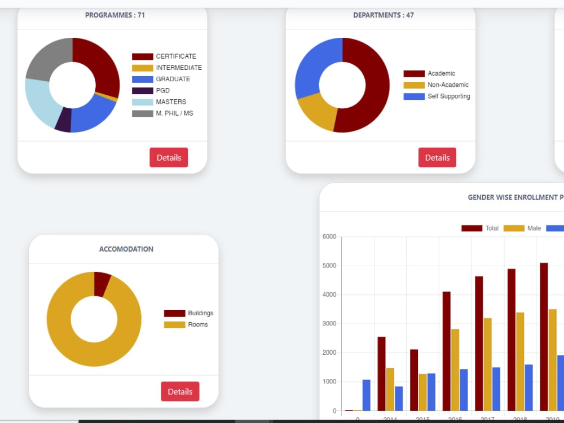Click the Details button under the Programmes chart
click(169, 157)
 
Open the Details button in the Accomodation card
click(180, 391)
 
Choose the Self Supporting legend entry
click(437, 96)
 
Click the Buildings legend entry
click(189, 313)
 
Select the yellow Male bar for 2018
click(520, 361)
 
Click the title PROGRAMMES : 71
click(115, 15)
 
